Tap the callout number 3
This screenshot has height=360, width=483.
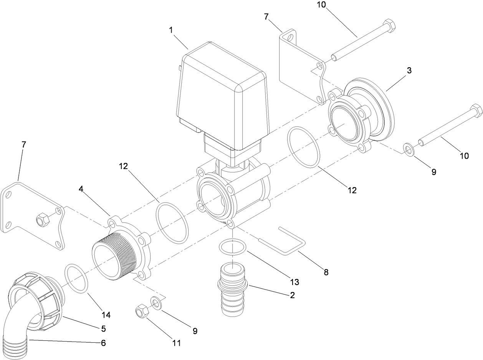pos(409,71)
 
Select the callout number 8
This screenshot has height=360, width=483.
pos(326,272)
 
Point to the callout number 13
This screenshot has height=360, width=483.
pos(294,282)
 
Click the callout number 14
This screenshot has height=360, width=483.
pos(106,315)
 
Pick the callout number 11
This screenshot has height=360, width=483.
pos(176,343)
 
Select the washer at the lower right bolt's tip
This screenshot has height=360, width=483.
pos(409,149)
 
